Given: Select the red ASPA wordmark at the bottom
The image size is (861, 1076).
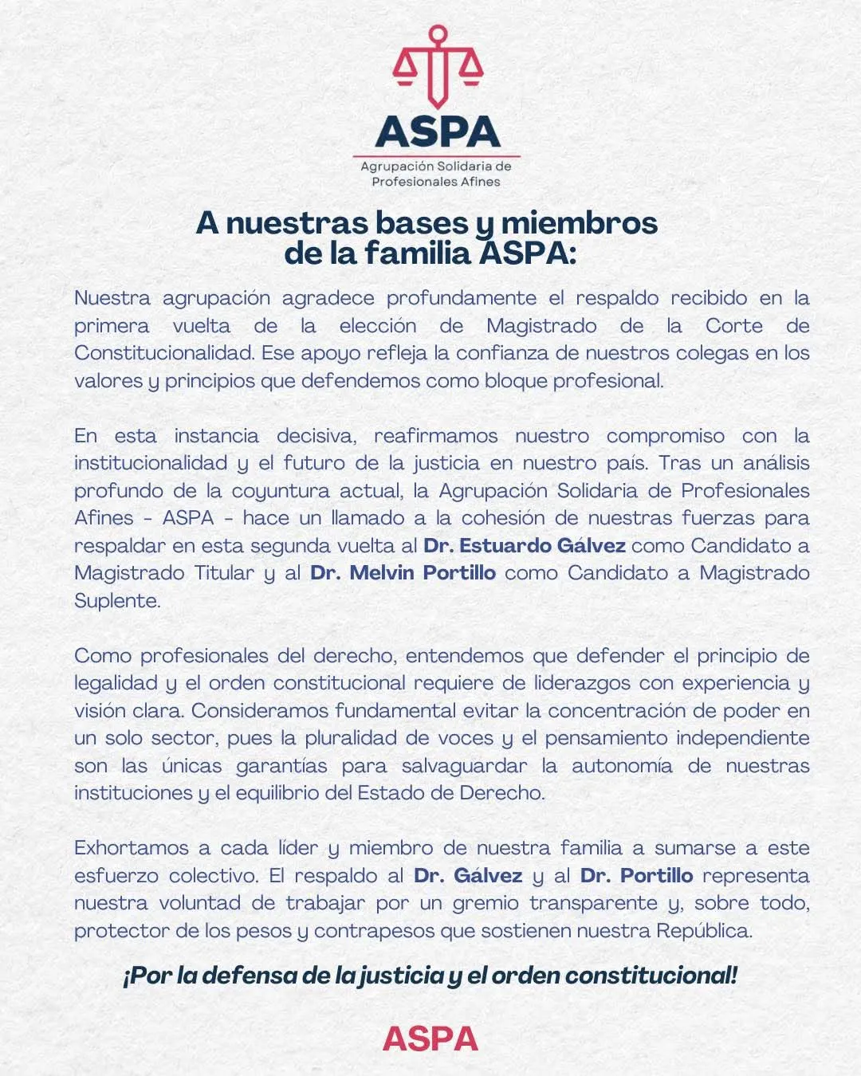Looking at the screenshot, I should [431, 1039].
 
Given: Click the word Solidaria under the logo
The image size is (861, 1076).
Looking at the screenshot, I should [458, 167].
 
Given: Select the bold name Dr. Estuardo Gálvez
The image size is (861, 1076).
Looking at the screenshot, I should [524, 545].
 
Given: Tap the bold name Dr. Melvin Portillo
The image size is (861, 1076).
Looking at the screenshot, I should [403, 572].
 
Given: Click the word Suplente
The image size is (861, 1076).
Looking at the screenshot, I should [117, 600].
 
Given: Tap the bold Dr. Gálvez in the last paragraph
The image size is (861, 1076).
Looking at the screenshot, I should [468, 875].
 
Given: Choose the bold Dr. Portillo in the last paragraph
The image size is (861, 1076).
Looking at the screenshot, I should [636, 875].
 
